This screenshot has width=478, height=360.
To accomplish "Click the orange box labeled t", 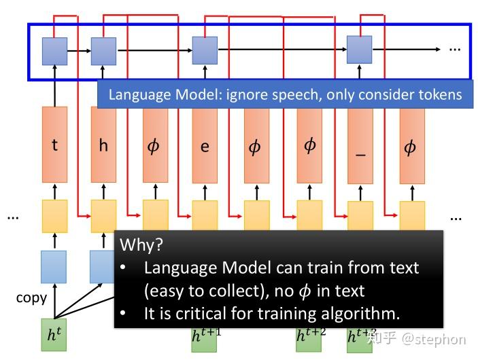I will click(x=54, y=145).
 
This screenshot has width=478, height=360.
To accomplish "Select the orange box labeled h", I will click(x=103, y=145).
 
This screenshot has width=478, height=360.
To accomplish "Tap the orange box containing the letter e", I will click(x=205, y=145).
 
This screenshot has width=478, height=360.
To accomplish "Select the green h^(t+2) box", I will click(x=309, y=336).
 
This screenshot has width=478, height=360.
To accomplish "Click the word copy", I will click(x=31, y=298).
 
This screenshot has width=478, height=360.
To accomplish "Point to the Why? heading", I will click(x=141, y=245).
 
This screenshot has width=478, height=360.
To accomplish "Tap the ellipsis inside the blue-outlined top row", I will click(x=455, y=50).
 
